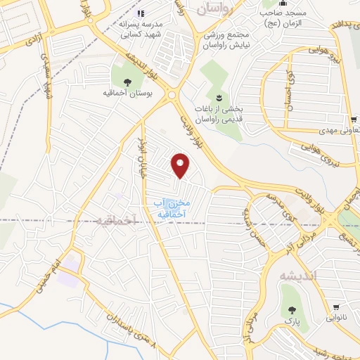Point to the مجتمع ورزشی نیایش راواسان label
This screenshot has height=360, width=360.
point(228,39)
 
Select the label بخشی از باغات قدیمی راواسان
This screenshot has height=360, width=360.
point(217,114)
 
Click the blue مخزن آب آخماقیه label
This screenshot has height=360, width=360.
point(162,207)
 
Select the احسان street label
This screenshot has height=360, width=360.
point(288,95)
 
